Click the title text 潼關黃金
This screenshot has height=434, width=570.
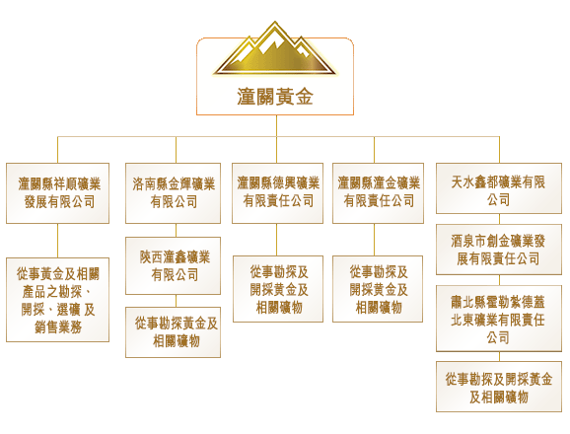click(275, 97)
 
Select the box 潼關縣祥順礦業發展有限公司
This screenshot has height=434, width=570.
click(57, 193)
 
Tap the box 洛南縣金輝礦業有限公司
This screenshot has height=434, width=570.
click(173, 193)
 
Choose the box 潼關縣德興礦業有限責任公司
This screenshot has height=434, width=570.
click(277, 193)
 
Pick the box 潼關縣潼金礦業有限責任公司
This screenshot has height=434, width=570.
click(378, 193)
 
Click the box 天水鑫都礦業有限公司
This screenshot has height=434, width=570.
click(499, 188)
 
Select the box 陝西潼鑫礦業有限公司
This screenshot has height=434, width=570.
click(173, 265)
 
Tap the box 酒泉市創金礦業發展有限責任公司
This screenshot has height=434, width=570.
click(499, 250)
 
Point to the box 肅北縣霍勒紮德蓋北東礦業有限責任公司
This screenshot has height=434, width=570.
click(499, 319)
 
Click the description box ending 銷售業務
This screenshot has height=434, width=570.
click(57, 300)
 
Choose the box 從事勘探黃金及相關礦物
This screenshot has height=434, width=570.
click(173, 332)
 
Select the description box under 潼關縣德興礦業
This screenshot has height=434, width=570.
click(278, 289)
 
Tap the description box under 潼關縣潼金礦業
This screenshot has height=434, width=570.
click(378, 289)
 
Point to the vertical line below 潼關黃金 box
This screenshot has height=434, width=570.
click(276, 126)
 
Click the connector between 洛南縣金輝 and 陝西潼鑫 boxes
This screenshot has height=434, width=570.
click(176, 230)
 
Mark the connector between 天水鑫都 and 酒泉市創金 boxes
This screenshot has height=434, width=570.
click(499, 219)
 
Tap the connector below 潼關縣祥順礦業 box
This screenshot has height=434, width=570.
click(57, 241)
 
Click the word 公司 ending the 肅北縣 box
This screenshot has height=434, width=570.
click(498, 337)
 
